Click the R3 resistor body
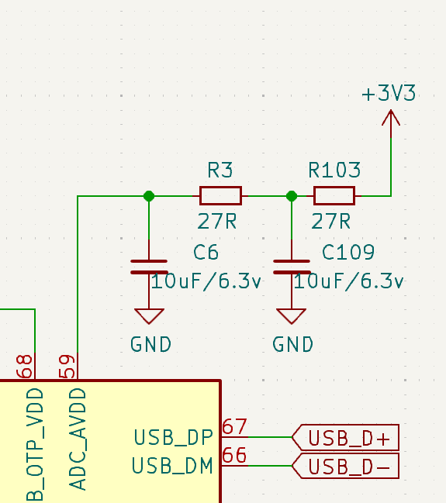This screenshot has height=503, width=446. pos(220,195)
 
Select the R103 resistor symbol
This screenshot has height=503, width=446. pos(334,195)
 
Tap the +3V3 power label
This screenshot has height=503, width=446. pos(389,93)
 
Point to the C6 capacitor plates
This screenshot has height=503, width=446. pos(149,267)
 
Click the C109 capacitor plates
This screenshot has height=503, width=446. pos(292,267)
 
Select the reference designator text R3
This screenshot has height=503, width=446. pos(220,170)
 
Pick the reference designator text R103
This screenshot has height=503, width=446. pos(334,170)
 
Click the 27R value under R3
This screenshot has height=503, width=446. pos(217,222)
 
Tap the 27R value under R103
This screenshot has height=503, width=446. pos(330,222)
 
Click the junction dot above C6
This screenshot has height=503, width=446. pos(149,196)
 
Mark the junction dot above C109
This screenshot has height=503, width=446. pos(292,196)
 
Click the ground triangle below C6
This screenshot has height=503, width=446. pos(149,316)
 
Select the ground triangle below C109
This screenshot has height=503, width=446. pos(291,316)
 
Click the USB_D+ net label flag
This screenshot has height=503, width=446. pos(345,438)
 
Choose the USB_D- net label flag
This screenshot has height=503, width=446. pos(345,466)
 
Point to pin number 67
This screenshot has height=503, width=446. pos(234,426)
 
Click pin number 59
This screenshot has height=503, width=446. pos(67,367)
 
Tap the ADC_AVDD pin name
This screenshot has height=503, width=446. pos(78,439)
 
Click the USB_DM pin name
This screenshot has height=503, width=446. pos(172,466)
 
